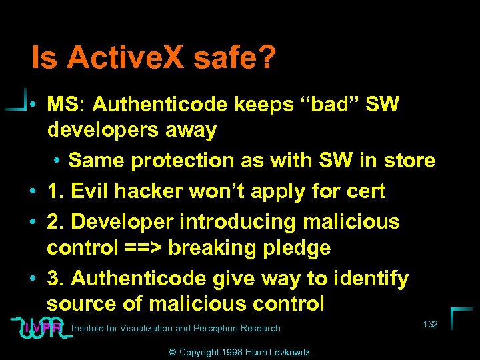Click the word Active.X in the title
(127, 58)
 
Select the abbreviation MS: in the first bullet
(65, 105)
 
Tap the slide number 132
(430, 324)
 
